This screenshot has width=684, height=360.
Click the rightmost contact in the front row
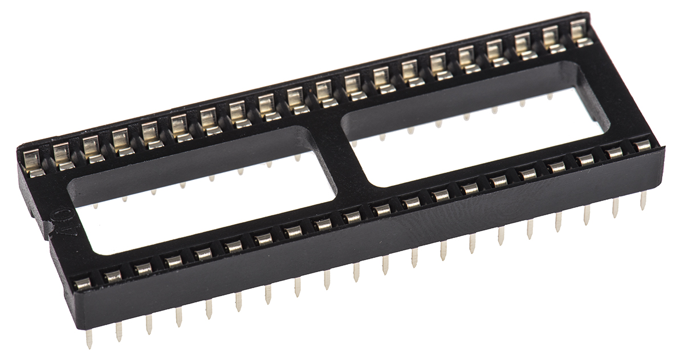click(x=643, y=145)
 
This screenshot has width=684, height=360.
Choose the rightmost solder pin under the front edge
click(x=644, y=200)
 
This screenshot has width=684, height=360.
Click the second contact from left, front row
click(x=112, y=276)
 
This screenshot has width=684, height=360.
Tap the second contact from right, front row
click(x=614, y=152)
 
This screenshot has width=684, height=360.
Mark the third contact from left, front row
click(x=142, y=268)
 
